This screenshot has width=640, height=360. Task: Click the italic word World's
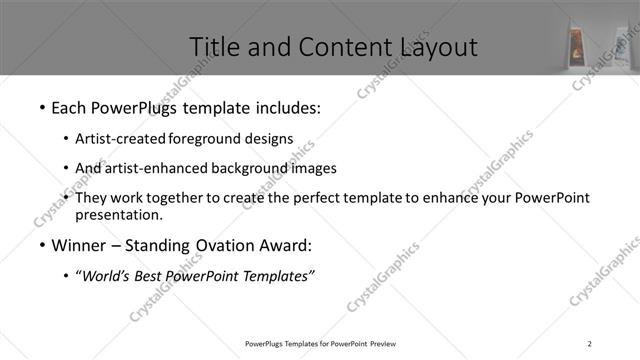pos(104,276)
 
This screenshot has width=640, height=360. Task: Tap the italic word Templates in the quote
pos(277,276)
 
